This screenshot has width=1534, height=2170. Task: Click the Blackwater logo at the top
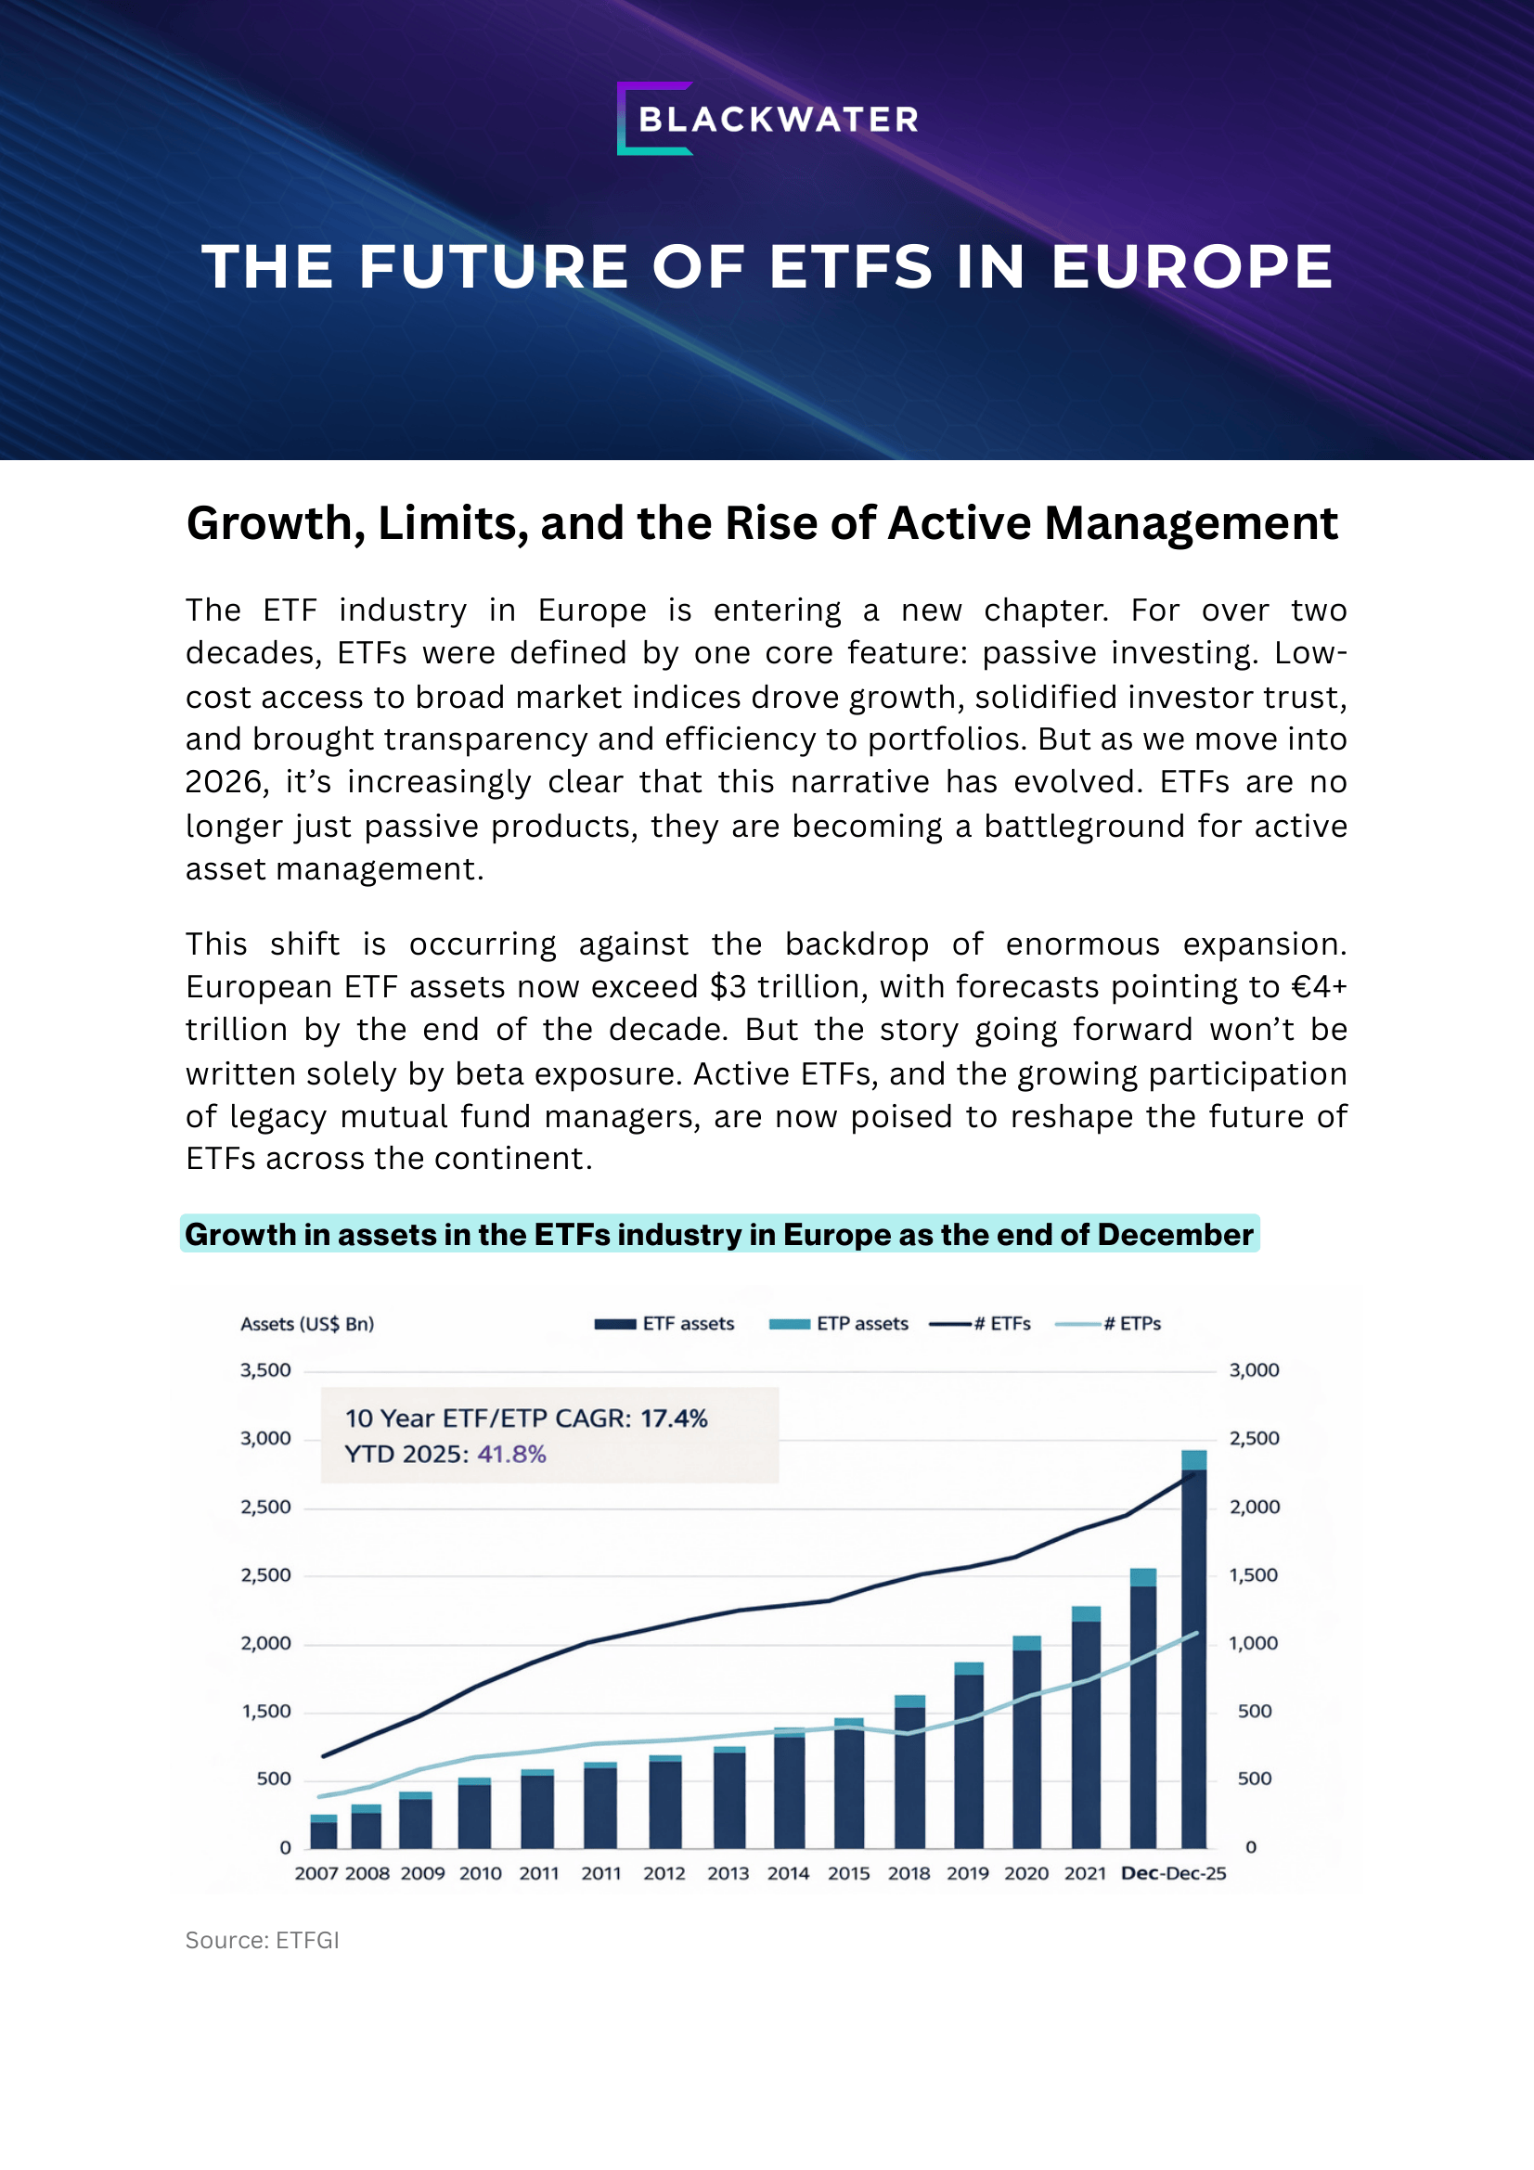(x=767, y=119)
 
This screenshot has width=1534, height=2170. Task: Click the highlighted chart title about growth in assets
(x=718, y=1234)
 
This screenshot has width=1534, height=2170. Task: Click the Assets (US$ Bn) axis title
(x=307, y=1324)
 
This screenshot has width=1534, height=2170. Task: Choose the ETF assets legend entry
(x=665, y=1324)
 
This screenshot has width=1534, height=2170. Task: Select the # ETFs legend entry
(x=980, y=1324)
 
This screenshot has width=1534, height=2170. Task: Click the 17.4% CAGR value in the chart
(x=674, y=1419)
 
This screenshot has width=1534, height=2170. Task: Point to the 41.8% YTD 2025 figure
(x=511, y=1454)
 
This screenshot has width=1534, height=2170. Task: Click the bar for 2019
(x=969, y=1758)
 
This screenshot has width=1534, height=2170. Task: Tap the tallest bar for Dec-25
(x=1193, y=1654)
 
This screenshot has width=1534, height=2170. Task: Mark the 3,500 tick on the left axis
(x=265, y=1370)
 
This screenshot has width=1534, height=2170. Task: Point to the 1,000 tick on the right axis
(x=1254, y=1644)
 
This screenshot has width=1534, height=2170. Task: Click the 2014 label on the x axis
(x=787, y=1873)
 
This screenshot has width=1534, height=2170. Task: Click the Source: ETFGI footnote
(x=262, y=1940)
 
